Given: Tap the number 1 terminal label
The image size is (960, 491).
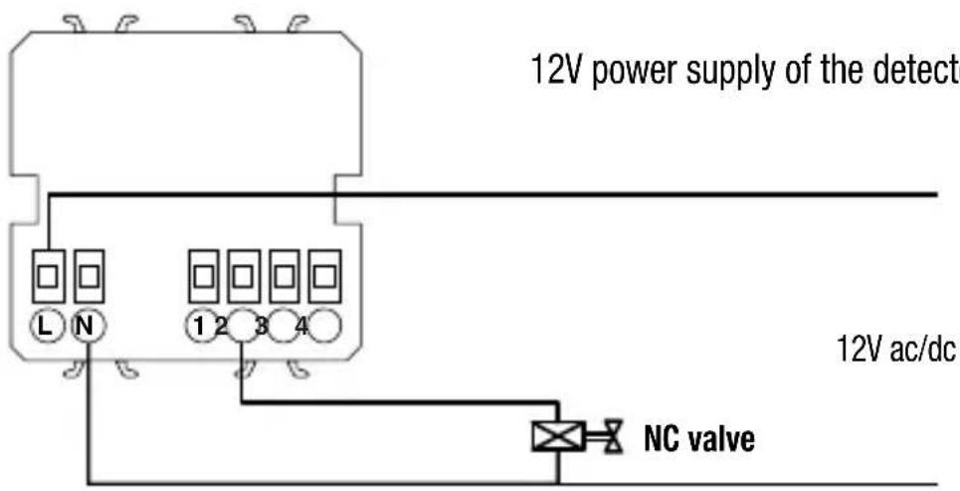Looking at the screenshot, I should click(x=200, y=325).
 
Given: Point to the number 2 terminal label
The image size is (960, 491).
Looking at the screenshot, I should click(x=221, y=325).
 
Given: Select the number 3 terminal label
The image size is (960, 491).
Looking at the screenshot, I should click(x=262, y=325).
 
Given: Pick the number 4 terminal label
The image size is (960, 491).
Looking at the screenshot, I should click(x=301, y=325).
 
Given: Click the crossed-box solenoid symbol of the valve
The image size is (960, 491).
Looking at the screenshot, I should click(x=557, y=435).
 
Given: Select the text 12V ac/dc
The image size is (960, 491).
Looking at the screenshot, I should click(x=892, y=352).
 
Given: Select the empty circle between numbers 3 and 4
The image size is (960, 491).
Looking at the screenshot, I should click(x=282, y=325).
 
